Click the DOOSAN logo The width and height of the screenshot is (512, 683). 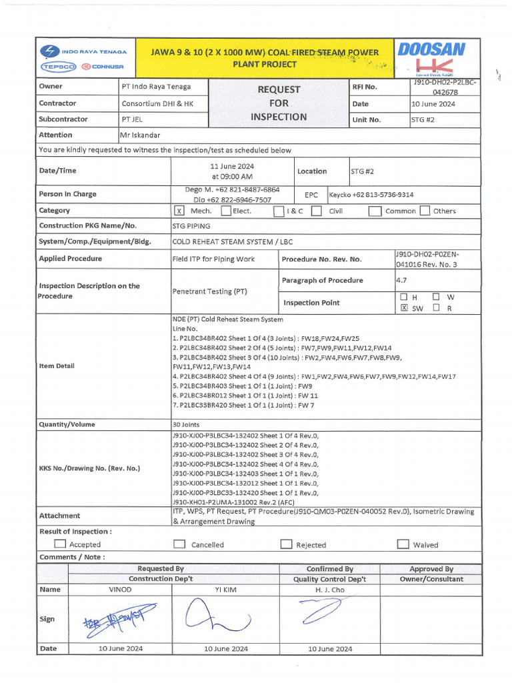pyautogui.click(x=431, y=50)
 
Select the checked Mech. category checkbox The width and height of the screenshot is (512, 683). pyautogui.click(x=179, y=211)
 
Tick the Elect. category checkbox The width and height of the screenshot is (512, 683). pyautogui.click(x=226, y=211)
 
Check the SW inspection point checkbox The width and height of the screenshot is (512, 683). pyautogui.click(x=403, y=308)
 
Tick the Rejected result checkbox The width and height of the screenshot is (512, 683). pyautogui.click(x=286, y=544)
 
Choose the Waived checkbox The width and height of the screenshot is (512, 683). pyautogui.click(x=403, y=544)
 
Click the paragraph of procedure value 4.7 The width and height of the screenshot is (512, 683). pyautogui.click(x=401, y=281)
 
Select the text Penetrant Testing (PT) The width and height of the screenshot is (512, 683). pyautogui.click(x=210, y=291)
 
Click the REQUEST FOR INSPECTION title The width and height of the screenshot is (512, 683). pyautogui.click(x=279, y=103)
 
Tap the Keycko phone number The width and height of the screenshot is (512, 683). pyautogui.click(x=371, y=195)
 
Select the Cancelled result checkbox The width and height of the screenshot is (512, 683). pyautogui.click(x=179, y=544)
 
